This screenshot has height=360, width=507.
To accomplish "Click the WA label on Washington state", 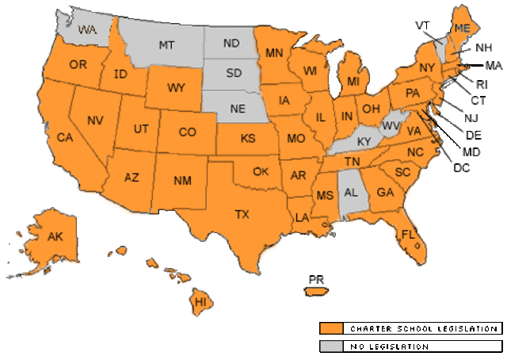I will click(x=88, y=29).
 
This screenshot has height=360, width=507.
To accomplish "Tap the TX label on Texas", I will click(x=243, y=213).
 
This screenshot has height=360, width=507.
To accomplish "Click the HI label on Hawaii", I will click(x=201, y=302).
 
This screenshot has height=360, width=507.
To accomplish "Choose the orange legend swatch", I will click(x=332, y=328).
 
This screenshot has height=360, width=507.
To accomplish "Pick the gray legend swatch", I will click(x=332, y=346).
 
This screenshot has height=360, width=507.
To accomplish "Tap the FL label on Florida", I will click(x=409, y=235).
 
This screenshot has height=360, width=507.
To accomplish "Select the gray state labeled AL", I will click(x=350, y=193).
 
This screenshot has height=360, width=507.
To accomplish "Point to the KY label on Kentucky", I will click(x=364, y=141).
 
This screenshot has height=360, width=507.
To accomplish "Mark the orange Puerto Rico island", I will click(x=316, y=290).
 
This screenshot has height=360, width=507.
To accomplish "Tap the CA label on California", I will click(x=64, y=136).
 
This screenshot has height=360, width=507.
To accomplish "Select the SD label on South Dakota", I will click(x=233, y=74).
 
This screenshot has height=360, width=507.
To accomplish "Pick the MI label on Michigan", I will click(x=353, y=83).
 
